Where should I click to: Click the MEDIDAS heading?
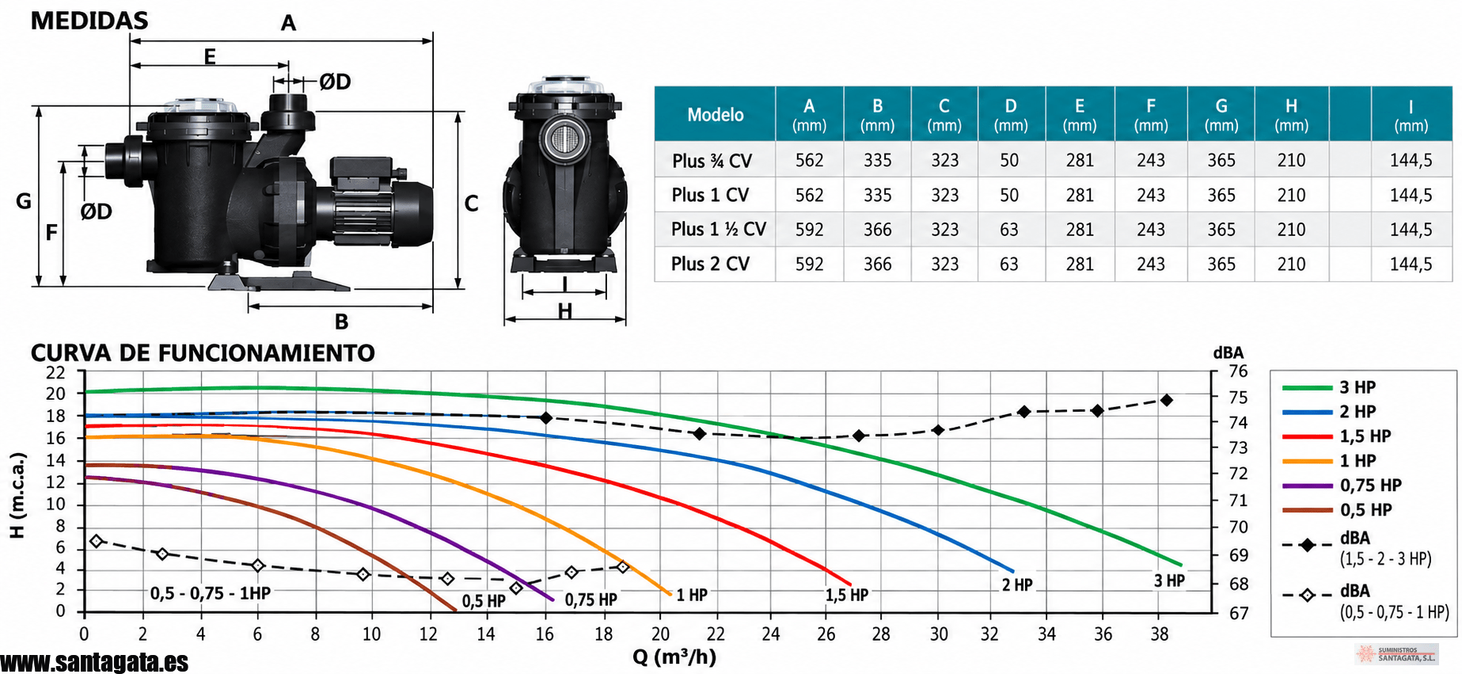pyautogui.click(x=89, y=21)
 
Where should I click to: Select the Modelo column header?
pyautogui.click(x=716, y=115)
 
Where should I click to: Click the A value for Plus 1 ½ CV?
pyautogui.click(x=810, y=230)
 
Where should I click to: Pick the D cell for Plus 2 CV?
pyautogui.click(x=1009, y=265)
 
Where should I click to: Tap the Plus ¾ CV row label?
pyautogui.click(x=712, y=161)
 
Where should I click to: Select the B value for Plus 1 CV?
pyautogui.click(x=878, y=195)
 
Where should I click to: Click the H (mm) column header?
pyautogui.click(x=1291, y=115)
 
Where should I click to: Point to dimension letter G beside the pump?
pyautogui.click(x=24, y=201)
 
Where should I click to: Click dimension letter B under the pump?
pyautogui.click(x=341, y=322)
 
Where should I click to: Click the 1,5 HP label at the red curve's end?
pyautogui.click(x=847, y=595)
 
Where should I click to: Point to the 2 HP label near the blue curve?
pyautogui.click(x=1017, y=585)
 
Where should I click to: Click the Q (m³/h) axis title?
pyautogui.click(x=674, y=657)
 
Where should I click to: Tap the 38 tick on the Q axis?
pyautogui.click(x=1160, y=634)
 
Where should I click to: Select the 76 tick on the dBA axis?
pyautogui.click(x=1238, y=371)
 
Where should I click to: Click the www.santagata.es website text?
pyautogui.click(x=94, y=662)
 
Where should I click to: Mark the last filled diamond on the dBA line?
pyautogui.click(x=1167, y=400)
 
